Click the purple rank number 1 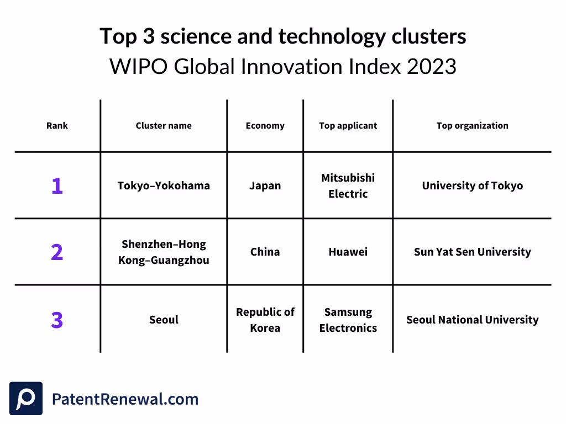point(57,186)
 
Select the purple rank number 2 point(57,252)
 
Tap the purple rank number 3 point(57,320)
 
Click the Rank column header point(57,126)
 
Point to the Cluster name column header point(164,126)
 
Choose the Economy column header point(265,126)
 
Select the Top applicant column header point(348,126)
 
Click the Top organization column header point(472,126)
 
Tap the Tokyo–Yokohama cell point(164,186)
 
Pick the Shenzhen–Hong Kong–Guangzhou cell point(164,252)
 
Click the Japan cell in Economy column point(265,186)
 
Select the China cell point(265,252)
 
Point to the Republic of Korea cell point(265,320)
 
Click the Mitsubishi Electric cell point(348,186)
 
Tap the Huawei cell point(348,252)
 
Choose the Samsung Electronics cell point(348,320)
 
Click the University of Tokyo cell point(472,186)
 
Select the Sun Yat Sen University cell point(472,252)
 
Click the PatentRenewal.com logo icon point(26,399)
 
